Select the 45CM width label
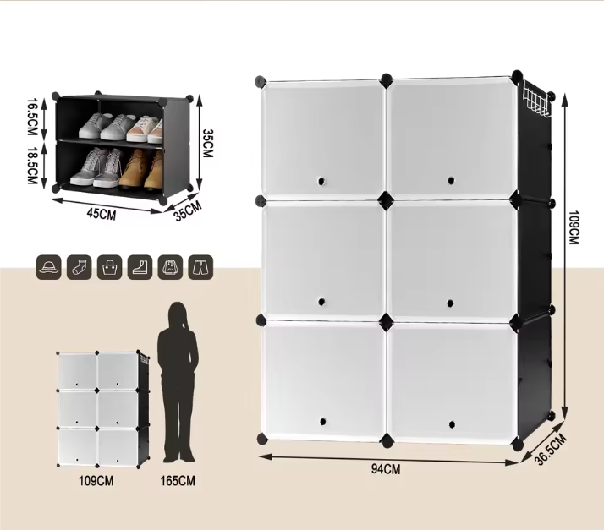click(x=101, y=215)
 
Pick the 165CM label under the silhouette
click(x=178, y=481)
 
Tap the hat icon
click(x=48, y=267)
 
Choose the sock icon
click(x=79, y=267)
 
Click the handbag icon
click(x=109, y=267)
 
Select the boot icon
click(x=140, y=267)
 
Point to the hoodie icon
click(x=170, y=267)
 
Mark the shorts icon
click(x=201, y=267)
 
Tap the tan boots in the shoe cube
click(x=142, y=168)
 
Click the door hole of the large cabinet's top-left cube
click(x=321, y=181)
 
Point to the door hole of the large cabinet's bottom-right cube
click(x=451, y=422)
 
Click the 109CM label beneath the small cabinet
click(x=96, y=481)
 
